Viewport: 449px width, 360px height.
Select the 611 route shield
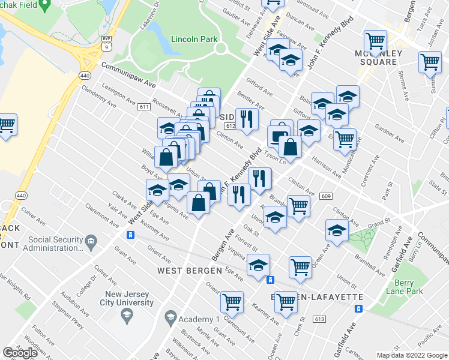(x=143, y=107)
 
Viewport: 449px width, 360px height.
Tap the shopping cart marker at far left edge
(x=6, y=125)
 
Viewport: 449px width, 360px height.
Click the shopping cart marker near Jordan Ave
(x=430, y=62)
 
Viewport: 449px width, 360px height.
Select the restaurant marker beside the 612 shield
(x=246, y=118)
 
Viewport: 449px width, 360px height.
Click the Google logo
(x=21, y=353)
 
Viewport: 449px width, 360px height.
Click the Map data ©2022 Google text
(x=411, y=355)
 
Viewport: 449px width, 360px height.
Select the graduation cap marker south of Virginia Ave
(x=258, y=265)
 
